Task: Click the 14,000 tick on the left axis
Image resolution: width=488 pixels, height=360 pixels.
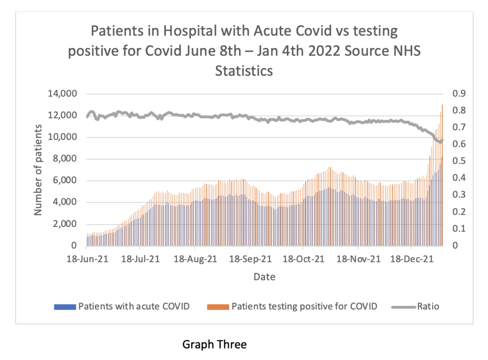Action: (x=62, y=94)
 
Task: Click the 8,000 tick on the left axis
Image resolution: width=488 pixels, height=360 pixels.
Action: (x=64, y=159)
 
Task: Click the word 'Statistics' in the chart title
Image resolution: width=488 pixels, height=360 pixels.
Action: (x=244, y=71)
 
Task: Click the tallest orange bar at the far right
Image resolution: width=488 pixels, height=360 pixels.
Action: (x=442, y=143)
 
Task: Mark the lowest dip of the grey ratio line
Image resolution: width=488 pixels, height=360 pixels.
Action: (x=440, y=142)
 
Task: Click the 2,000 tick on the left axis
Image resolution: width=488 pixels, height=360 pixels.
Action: (x=64, y=224)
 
